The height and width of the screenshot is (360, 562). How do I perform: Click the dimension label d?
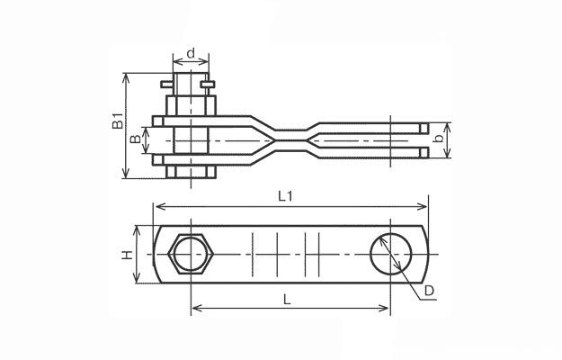[x=191, y=53]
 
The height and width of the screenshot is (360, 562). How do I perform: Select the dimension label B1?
[x=118, y=121]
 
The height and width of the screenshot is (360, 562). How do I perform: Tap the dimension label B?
[x=136, y=139]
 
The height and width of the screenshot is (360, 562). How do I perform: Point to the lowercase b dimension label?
[x=438, y=138]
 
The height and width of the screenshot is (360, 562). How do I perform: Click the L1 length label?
[x=285, y=196]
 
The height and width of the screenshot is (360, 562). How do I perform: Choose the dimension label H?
[x=127, y=255]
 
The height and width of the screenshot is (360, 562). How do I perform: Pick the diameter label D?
[x=429, y=291]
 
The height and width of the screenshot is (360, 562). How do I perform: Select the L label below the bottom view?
[x=287, y=300]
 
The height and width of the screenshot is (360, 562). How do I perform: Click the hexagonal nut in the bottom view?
[x=191, y=254]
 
